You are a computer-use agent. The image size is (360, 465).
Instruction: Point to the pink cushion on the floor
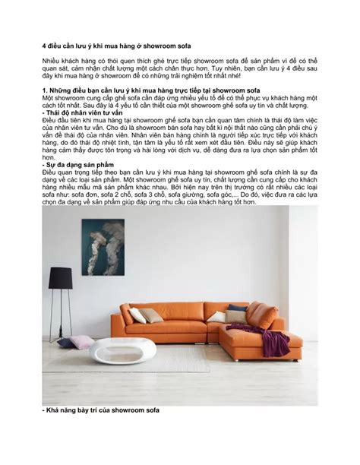[82, 341]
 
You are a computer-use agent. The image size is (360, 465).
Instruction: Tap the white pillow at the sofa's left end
[137, 315]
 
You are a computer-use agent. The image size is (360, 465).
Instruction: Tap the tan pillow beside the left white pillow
[150, 315]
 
